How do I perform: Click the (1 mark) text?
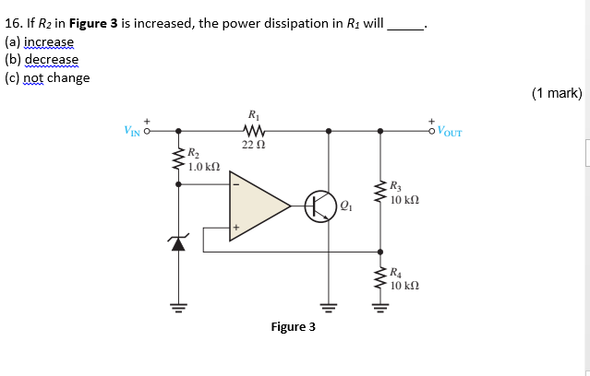pyautogui.click(x=557, y=92)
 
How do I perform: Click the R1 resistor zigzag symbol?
pyautogui.click(x=252, y=131)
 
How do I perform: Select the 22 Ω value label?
pyautogui.click(x=253, y=146)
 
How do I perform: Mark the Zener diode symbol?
pyautogui.click(x=177, y=242)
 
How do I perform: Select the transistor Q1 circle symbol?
pyautogui.click(x=320, y=205)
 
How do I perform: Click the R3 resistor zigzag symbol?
pyautogui.click(x=379, y=192)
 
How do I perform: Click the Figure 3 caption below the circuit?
pyautogui.click(x=293, y=327)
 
